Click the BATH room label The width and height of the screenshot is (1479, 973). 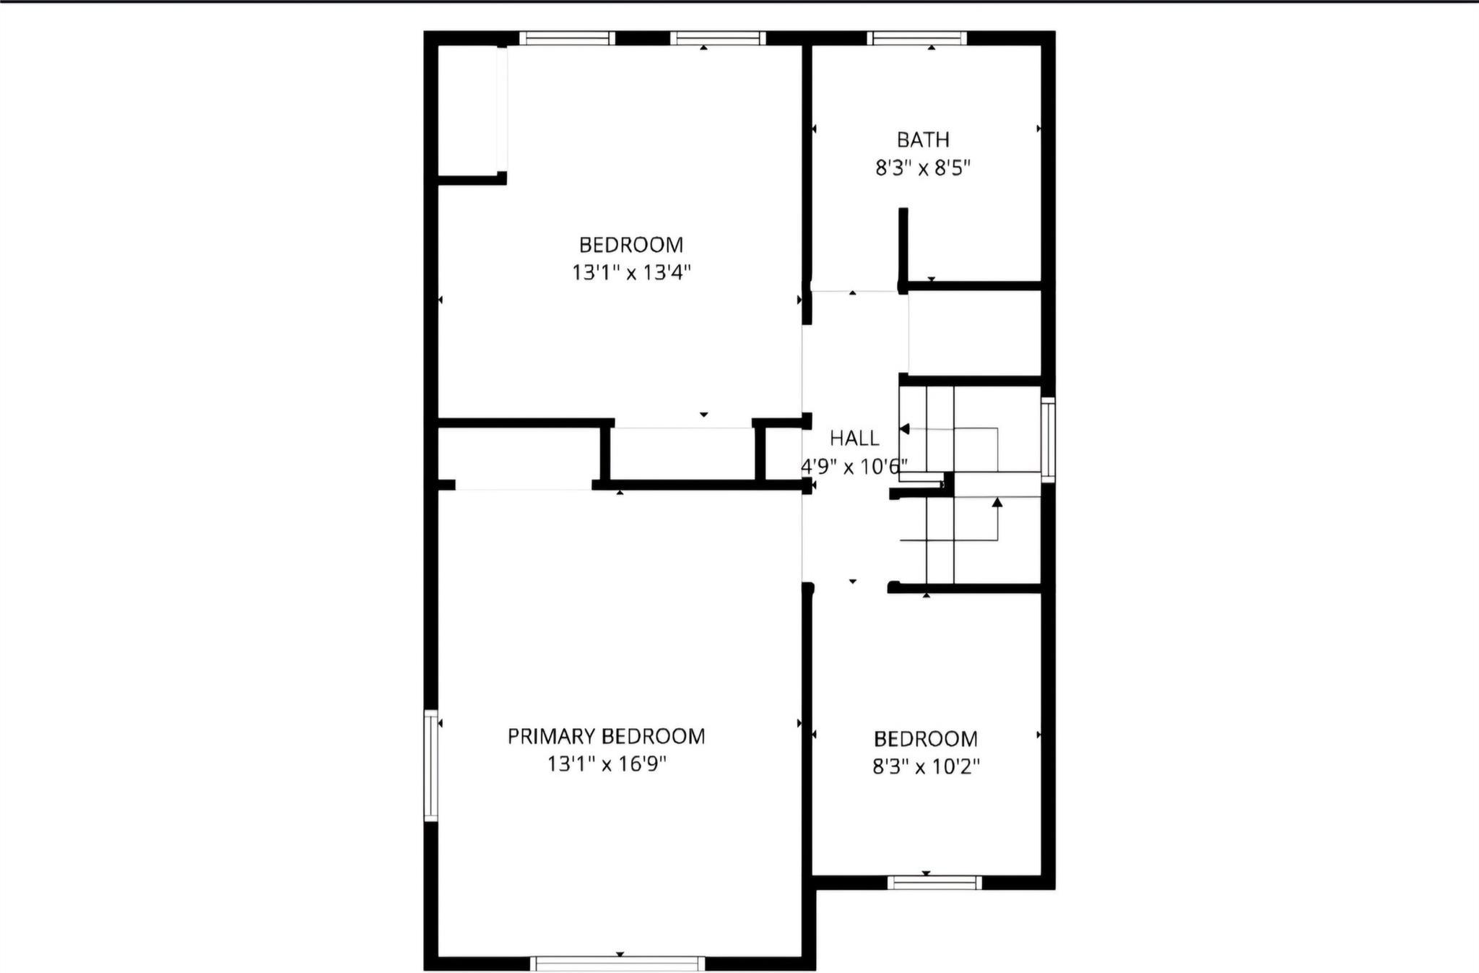922,139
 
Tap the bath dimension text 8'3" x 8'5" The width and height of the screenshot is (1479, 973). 922,168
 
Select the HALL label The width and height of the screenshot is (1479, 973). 854,438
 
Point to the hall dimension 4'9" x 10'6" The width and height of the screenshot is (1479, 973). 854,467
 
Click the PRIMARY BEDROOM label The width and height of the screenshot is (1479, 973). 606,736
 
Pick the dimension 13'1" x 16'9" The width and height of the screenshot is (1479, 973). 606,764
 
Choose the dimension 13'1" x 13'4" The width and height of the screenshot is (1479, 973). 631,273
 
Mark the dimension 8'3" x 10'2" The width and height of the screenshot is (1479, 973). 925,766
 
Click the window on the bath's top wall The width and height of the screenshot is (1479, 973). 916,38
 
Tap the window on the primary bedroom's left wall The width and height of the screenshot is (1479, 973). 431,765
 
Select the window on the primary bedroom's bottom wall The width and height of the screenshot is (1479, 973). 617,963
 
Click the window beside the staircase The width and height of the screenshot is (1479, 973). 1048,439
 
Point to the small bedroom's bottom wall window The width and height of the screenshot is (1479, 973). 934,882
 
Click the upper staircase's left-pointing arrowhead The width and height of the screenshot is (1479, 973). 904,428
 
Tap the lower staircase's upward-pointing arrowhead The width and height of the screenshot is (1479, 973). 997,502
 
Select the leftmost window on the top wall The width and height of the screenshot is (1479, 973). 567,38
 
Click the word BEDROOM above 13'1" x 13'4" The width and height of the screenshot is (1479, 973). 631,245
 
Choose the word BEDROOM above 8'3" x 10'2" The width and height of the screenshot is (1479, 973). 925,739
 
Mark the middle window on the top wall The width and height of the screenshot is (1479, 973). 717,38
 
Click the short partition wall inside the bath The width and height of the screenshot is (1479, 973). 903,249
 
